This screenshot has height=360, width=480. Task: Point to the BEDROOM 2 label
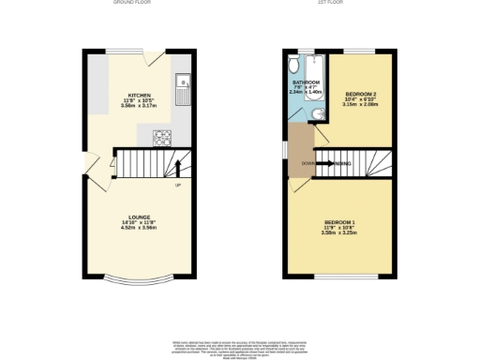click(360, 95)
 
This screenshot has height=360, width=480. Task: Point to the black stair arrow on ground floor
click(178, 170)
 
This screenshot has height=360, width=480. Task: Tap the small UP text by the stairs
click(177, 186)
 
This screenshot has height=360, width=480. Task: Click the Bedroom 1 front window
click(339, 277)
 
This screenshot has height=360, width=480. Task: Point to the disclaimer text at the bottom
click(239, 347)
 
